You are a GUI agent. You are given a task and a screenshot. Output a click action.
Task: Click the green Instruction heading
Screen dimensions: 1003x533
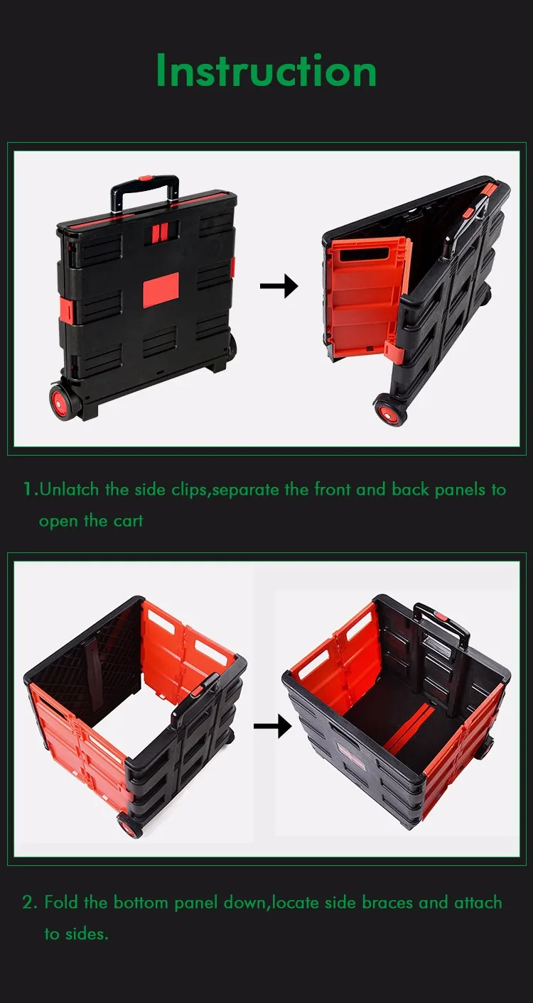(x=266, y=71)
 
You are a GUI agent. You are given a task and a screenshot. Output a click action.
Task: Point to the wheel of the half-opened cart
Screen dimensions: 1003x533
(x=388, y=411)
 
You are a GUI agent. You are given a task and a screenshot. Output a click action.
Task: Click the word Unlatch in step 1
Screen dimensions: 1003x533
(x=70, y=490)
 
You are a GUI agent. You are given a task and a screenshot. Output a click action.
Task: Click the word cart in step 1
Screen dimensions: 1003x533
(x=128, y=520)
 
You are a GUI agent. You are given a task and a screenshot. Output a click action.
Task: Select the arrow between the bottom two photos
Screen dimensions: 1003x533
(x=272, y=725)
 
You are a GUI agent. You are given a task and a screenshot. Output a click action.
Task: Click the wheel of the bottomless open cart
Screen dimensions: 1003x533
(x=131, y=826)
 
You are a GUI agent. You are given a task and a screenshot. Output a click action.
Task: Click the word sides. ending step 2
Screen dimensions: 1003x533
(x=87, y=933)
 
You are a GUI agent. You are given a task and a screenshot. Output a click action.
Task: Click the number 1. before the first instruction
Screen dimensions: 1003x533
(x=30, y=490)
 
